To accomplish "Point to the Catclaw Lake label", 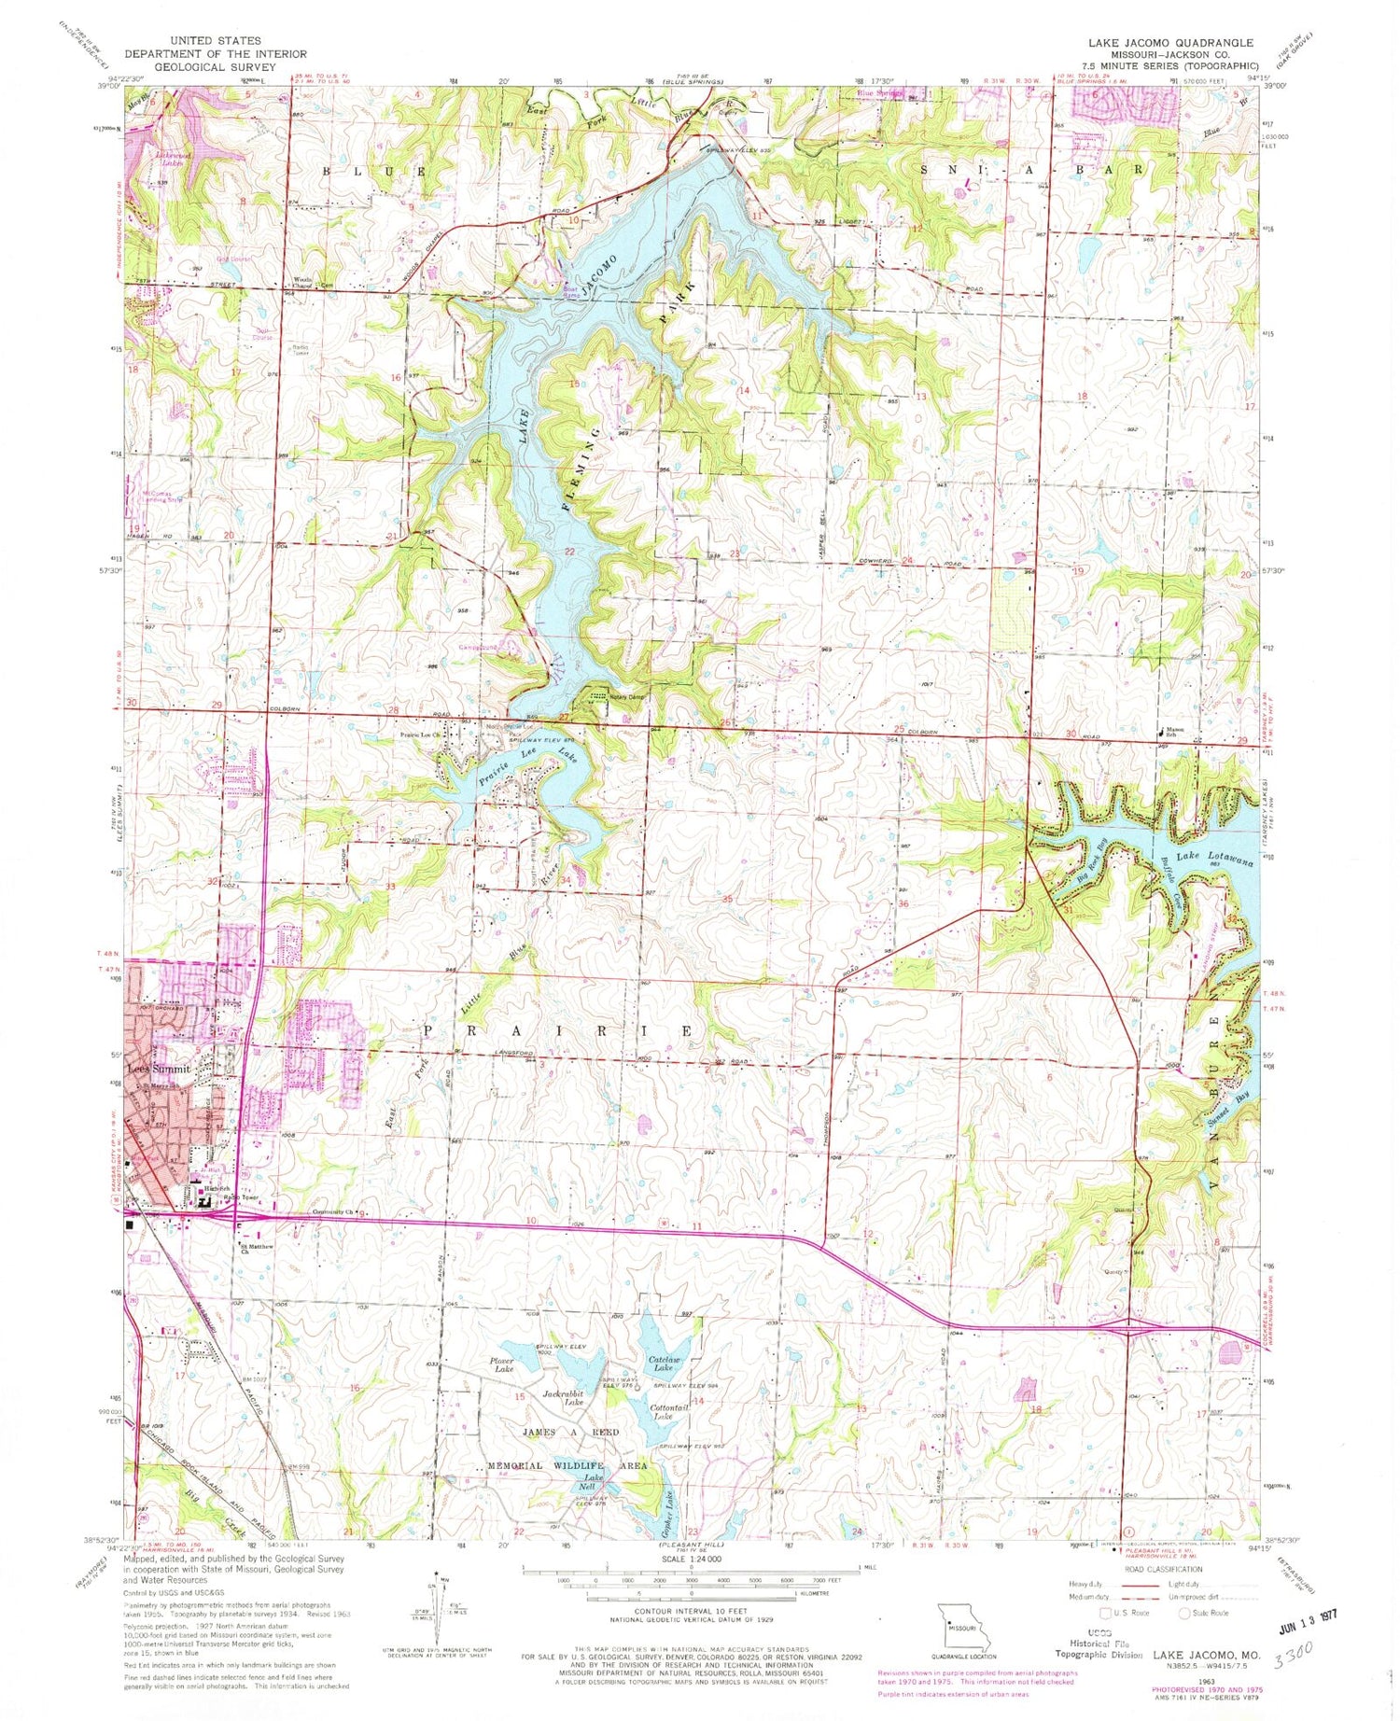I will [666, 1364].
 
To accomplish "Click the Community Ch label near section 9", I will [331, 1214].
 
